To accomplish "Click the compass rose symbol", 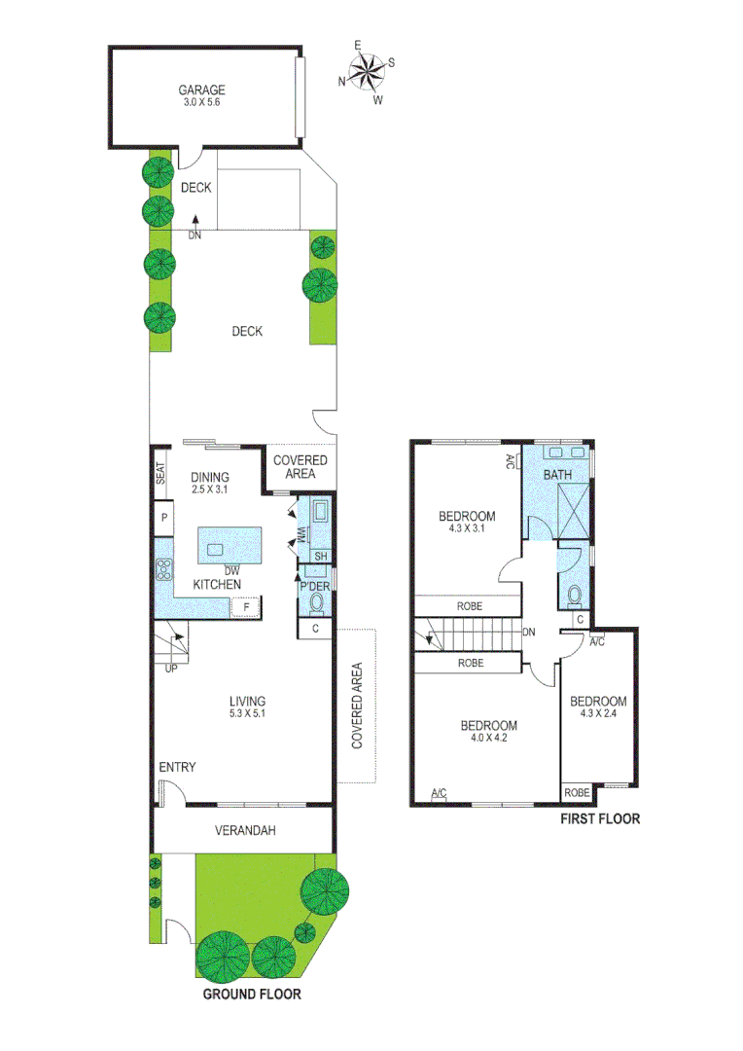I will tap(367, 70).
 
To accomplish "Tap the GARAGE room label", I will tap(202, 95).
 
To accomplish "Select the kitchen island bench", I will tap(231, 546).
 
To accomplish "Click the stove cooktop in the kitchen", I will tap(163, 571).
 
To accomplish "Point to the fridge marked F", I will tap(246, 607).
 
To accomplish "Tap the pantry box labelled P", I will tap(164, 518).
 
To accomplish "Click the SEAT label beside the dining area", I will tap(160, 473).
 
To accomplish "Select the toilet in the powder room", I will tap(316, 603).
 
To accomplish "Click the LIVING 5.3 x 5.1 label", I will tap(247, 707).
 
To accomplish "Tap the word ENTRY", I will tap(177, 768).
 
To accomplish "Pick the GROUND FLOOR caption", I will tap(251, 995).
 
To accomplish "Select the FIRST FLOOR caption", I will tap(600, 818).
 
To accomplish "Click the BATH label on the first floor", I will tap(557, 475).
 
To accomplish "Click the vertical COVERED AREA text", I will tap(357, 706).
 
